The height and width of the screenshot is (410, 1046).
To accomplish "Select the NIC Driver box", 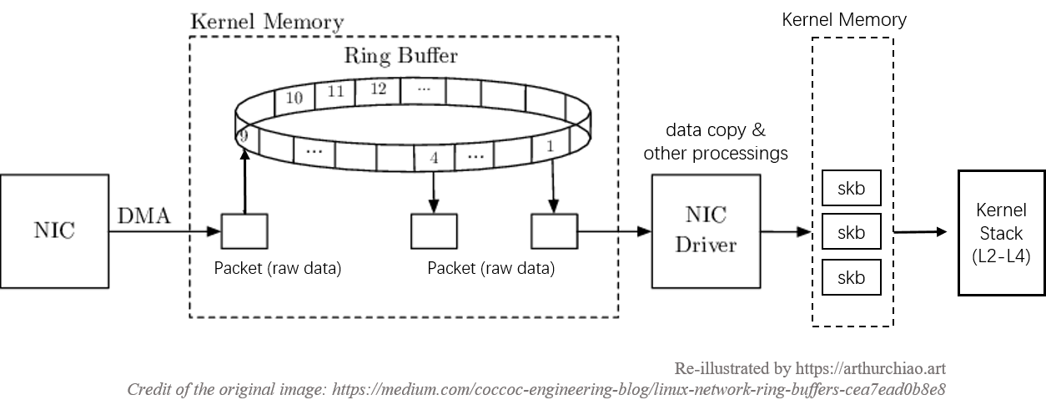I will click(706, 230).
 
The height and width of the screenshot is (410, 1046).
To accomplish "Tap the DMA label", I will click(143, 217).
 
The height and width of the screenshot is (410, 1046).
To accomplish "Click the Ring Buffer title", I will click(401, 56).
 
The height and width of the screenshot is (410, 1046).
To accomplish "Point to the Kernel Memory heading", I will click(266, 22).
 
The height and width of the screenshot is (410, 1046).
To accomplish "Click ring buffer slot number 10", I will click(294, 98).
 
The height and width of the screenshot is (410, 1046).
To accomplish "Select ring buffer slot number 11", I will click(336, 92).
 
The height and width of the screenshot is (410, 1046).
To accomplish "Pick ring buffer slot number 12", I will click(378, 89).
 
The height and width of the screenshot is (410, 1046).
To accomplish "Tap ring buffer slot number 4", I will click(434, 158).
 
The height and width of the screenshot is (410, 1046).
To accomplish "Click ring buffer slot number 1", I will click(549, 146).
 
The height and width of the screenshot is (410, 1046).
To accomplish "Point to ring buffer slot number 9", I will click(243, 135).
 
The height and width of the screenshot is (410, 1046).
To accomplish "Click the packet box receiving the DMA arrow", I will click(244, 230).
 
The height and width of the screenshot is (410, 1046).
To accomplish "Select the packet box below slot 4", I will click(434, 230).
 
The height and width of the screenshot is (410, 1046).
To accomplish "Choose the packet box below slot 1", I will click(554, 230).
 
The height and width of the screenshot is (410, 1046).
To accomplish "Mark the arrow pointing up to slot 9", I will click(244, 184).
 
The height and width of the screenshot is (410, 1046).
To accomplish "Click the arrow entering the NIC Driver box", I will click(613, 230).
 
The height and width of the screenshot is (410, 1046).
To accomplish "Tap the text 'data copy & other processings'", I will click(716, 142).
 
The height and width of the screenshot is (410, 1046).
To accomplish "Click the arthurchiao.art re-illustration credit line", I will click(809, 368).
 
